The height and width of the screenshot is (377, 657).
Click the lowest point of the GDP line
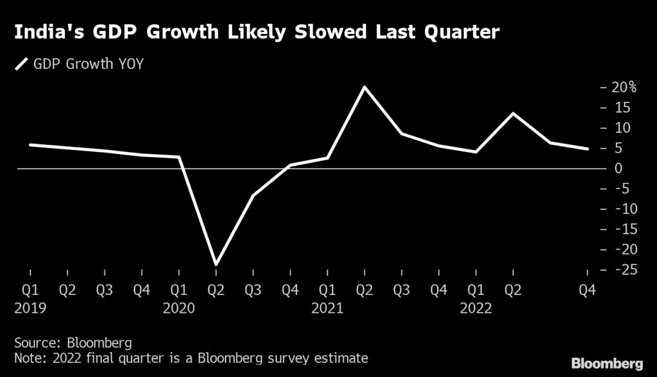216,264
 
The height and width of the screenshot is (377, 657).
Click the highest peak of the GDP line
364,87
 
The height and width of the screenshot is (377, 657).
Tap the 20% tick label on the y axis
623,88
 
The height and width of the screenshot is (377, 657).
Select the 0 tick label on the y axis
619,169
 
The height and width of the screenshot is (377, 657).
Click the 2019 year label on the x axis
30,308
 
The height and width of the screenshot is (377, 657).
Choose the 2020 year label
178,308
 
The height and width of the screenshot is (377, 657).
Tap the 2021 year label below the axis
327,308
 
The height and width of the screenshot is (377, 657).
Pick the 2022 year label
475,308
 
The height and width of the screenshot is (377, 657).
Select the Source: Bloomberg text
73,343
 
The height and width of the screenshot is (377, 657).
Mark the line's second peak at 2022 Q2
513,113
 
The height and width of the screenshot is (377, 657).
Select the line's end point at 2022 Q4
587,149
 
